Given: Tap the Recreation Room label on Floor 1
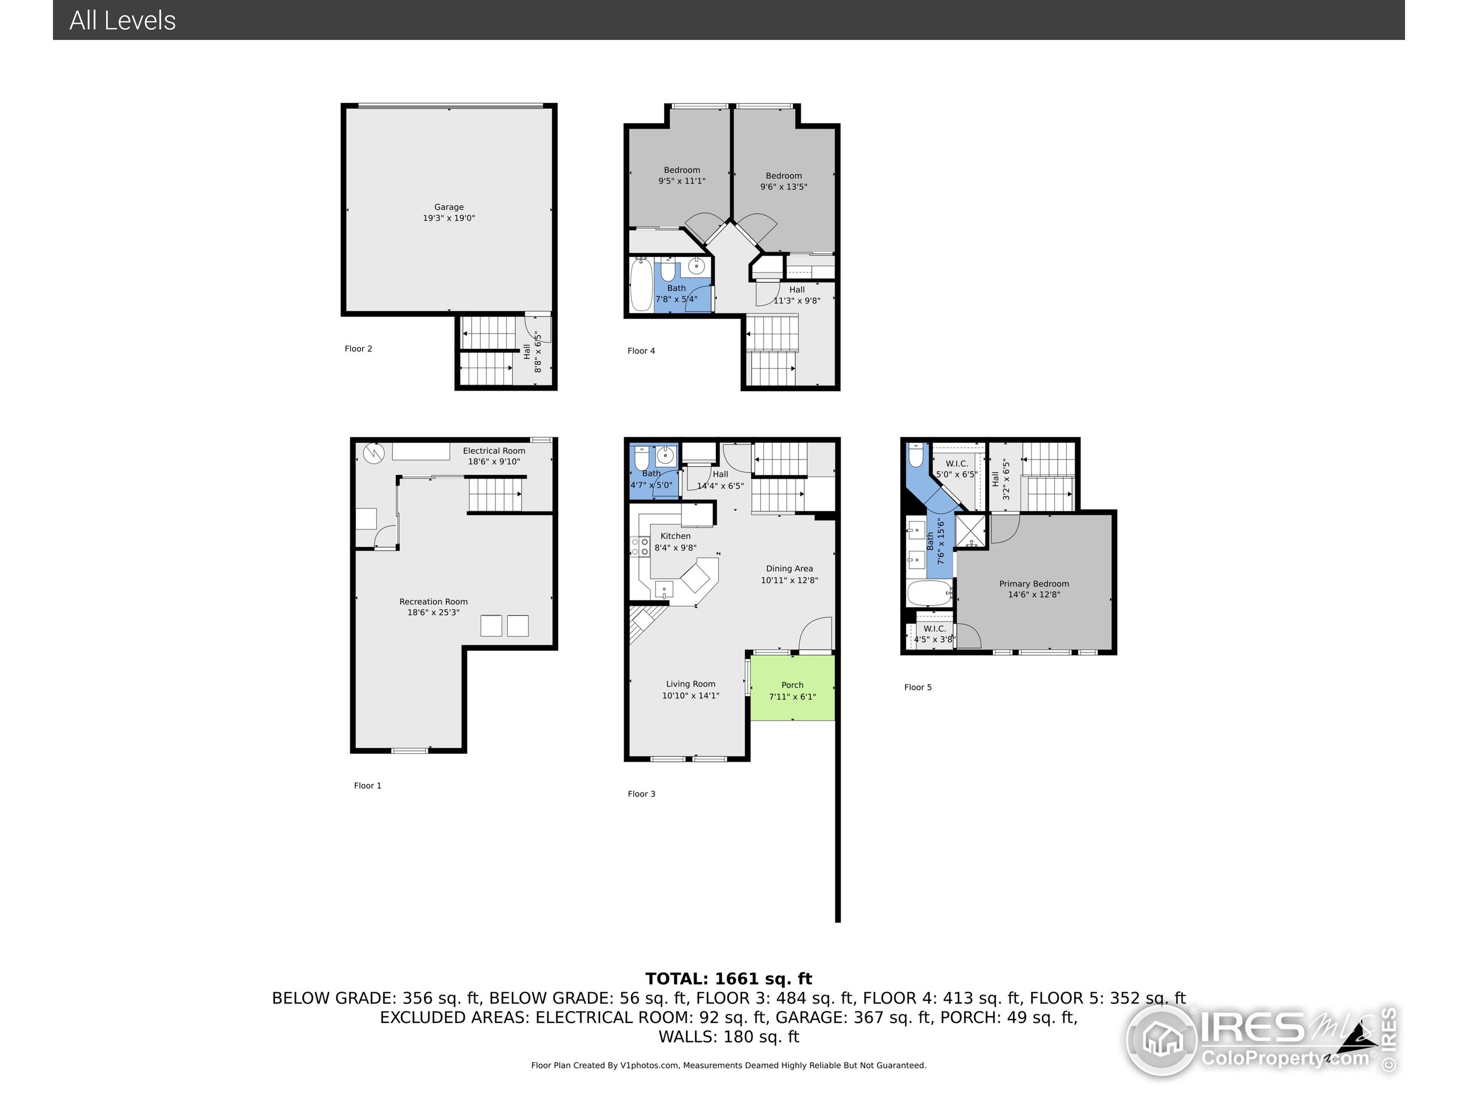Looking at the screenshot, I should coord(433,602).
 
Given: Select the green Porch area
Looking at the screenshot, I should coord(792,688).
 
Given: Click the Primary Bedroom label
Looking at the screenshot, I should coord(1034,584).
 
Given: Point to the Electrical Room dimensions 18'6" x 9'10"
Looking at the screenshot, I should coord(494,462).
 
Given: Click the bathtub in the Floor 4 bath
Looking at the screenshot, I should coord(641,285).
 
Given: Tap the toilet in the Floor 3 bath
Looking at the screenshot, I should coord(641,457).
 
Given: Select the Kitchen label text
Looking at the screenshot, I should coord(675,536).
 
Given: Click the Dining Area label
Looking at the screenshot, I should coord(789,569).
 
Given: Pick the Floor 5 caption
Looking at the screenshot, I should coord(918,687).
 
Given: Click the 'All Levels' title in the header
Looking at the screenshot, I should coord(122,20).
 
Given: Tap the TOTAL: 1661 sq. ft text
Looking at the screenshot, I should coord(728,979).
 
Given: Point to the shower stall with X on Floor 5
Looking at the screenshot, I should coord(970,531).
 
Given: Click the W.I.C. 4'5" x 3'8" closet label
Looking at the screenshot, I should coord(934,634).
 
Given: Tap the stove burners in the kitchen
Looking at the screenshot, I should coord(640,546).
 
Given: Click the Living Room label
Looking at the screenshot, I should coord(690,684).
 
